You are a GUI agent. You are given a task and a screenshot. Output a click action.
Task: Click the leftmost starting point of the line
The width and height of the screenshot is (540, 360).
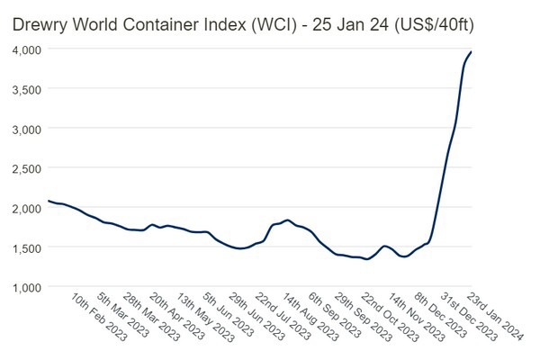tap(48, 201)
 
